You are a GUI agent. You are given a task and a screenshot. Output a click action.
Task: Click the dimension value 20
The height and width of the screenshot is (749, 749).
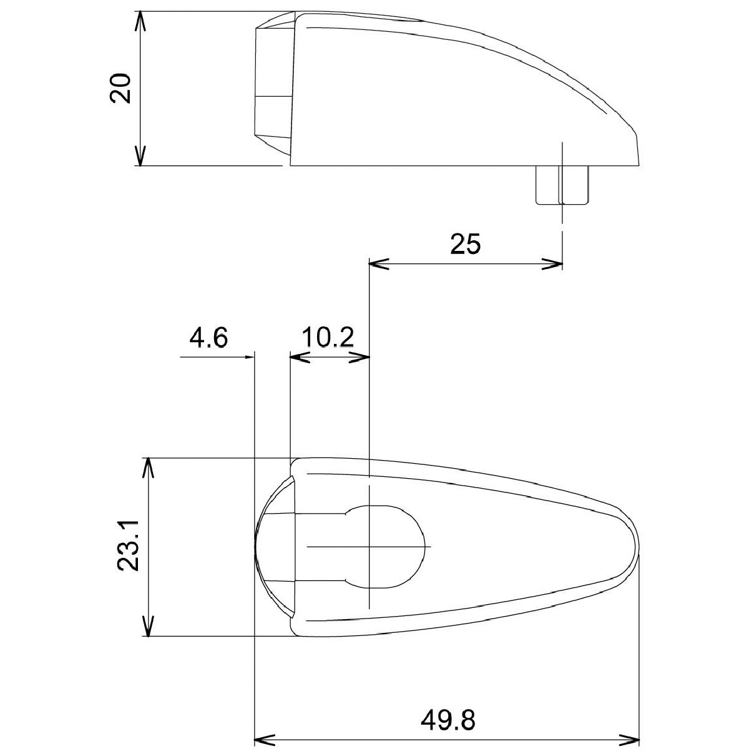pos(119,88)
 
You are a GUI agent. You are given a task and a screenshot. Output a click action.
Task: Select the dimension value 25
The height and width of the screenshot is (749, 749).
pos(465,244)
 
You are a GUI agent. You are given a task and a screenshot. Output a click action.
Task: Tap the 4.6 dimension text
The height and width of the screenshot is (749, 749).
pos(208,337)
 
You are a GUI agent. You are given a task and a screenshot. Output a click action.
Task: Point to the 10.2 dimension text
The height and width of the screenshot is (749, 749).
pos(328,337)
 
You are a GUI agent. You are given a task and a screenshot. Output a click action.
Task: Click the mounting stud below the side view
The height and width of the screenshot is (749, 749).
pos(562,185)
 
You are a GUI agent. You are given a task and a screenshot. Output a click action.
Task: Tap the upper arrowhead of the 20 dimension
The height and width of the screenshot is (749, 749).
pos(140,21)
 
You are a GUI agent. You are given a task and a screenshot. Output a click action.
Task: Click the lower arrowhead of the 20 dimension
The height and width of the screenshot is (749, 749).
pos(140,156)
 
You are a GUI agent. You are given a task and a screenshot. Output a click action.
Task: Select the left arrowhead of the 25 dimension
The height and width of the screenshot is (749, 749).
pos(379,264)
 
